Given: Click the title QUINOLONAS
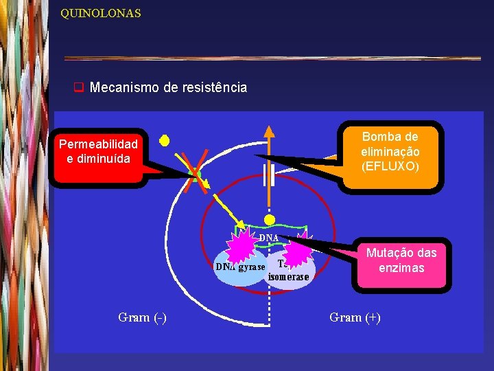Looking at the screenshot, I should [100, 13].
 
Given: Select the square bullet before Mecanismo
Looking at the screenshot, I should [78, 88].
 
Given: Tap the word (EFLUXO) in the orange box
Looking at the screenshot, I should [390, 166].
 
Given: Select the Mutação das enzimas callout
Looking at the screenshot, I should [401, 260].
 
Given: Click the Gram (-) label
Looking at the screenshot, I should [142, 317].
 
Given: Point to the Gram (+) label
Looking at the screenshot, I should [355, 317].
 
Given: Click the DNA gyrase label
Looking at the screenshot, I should [239, 267].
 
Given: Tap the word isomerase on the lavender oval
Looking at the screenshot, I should [288, 278].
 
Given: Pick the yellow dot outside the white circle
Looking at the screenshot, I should [164, 141].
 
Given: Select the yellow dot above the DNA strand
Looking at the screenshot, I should [270, 220].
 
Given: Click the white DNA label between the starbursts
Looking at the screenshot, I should [268, 238].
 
